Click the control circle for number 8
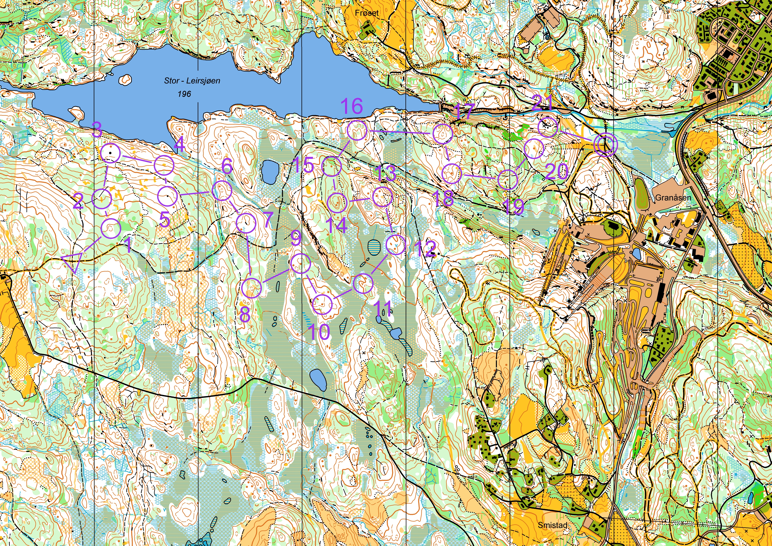point(252,288)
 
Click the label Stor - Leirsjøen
point(192,81)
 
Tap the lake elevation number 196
point(184,94)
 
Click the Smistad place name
point(552,525)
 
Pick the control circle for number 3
point(110,153)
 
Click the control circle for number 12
point(396,245)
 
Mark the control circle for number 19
point(508,180)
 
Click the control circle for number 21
point(548,127)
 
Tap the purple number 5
point(164,220)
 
